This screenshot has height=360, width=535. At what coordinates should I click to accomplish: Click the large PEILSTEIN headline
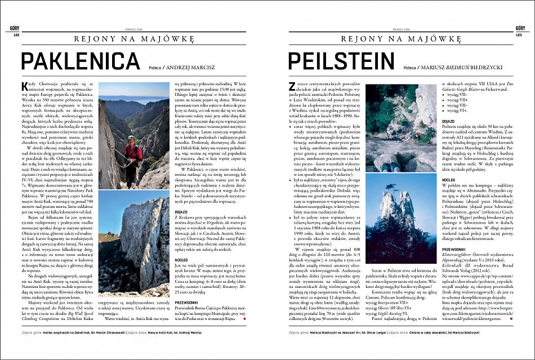[x=341, y=62]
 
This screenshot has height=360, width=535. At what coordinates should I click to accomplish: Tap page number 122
[x=16, y=34]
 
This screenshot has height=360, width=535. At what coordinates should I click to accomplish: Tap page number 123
[x=519, y=34]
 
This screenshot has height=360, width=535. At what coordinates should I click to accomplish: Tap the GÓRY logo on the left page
[x=15, y=28]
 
